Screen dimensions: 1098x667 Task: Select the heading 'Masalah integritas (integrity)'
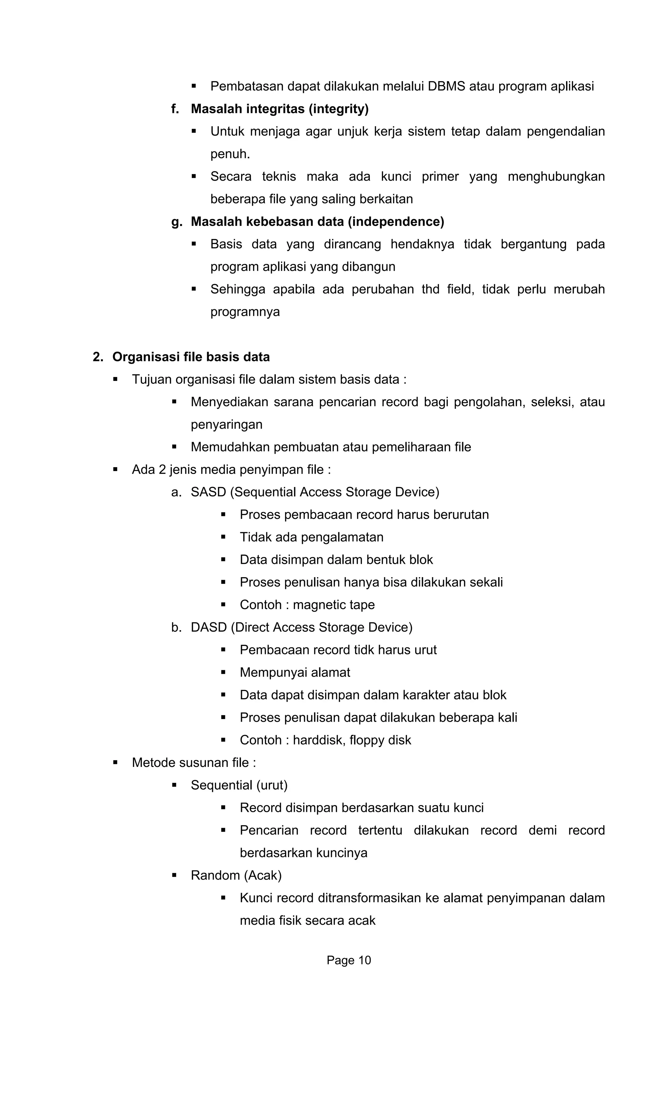pyautogui.click(x=279, y=109)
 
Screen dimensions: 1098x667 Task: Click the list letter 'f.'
pyautogui.click(x=175, y=109)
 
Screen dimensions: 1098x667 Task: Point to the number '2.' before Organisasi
pyautogui.click(x=98, y=357)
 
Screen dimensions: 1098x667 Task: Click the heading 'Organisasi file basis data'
pyautogui.click(x=191, y=357)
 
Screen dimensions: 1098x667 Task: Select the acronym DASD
pyautogui.click(x=209, y=627)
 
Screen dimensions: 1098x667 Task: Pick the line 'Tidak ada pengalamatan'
pyautogui.click(x=311, y=537)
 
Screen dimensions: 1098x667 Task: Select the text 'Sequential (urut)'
pyautogui.click(x=239, y=785)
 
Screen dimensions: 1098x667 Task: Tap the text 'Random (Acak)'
pyautogui.click(x=236, y=875)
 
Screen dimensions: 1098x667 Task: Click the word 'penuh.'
pyautogui.click(x=230, y=154)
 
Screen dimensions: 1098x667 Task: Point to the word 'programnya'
pyautogui.click(x=245, y=312)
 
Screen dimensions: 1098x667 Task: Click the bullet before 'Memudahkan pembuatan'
pyautogui.click(x=174, y=447)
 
